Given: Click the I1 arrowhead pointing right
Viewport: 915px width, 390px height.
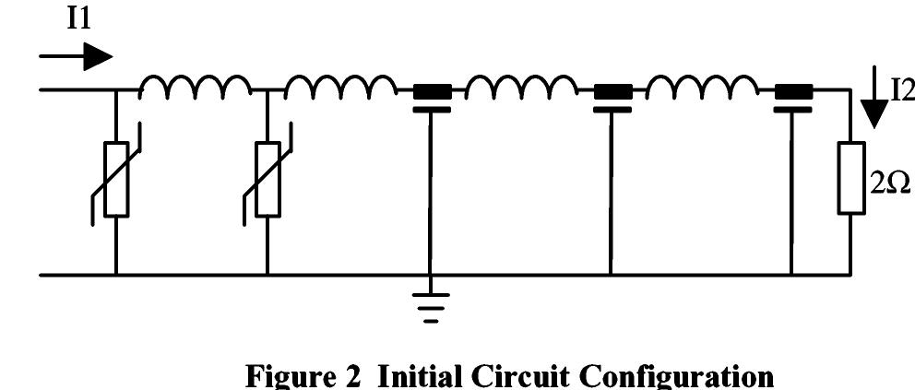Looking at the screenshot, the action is (98, 57).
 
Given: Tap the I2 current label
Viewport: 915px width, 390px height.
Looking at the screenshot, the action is (901, 90).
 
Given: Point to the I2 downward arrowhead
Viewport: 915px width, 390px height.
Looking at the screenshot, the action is (874, 114).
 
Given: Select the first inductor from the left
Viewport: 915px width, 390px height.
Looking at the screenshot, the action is (196, 87).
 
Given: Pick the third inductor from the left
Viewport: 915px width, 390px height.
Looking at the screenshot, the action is (521, 87).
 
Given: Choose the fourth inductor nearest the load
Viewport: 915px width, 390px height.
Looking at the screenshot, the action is (702, 87).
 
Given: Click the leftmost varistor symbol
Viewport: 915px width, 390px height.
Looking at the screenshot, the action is (116, 179).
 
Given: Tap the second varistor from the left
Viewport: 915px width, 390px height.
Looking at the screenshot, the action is (267, 179).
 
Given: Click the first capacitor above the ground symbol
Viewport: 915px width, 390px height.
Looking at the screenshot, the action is (432, 98).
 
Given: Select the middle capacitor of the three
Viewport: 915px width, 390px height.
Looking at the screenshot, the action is (612, 98).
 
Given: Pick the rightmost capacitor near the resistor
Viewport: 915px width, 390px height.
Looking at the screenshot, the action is (793, 98).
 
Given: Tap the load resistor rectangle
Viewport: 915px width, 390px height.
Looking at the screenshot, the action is (850, 178).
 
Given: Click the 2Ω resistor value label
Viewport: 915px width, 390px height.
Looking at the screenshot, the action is (890, 184).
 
